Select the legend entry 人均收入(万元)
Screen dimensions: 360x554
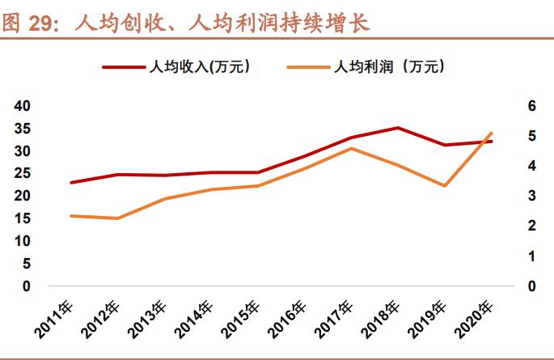click(194, 67)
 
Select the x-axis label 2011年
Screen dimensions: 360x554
click(55, 319)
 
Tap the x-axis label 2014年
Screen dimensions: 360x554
click(195, 319)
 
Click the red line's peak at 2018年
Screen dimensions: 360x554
click(397, 128)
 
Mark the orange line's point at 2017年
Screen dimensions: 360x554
click(350, 148)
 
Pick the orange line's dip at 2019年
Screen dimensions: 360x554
click(444, 186)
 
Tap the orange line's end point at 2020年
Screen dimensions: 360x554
click(491, 133)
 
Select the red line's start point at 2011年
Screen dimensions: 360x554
click(71, 183)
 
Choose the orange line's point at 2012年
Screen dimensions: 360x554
click(118, 218)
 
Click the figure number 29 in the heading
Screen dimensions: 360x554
click(40, 23)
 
